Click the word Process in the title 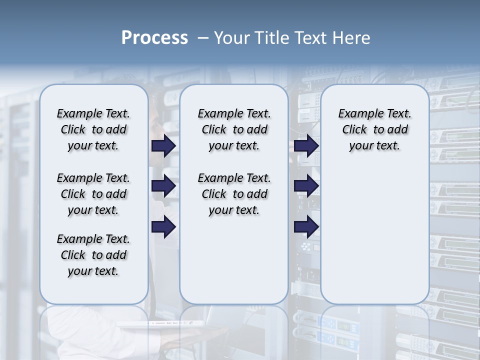[154, 38]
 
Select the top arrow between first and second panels [163, 146]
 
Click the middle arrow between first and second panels [163, 186]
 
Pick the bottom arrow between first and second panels [163, 227]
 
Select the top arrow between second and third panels [306, 145]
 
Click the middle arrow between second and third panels [306, 185]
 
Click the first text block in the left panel [93, 129]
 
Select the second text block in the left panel [93, 194]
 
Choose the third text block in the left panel [93, 255]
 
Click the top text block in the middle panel [234, 129]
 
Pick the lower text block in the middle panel [234, 194]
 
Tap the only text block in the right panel [374, 129]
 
